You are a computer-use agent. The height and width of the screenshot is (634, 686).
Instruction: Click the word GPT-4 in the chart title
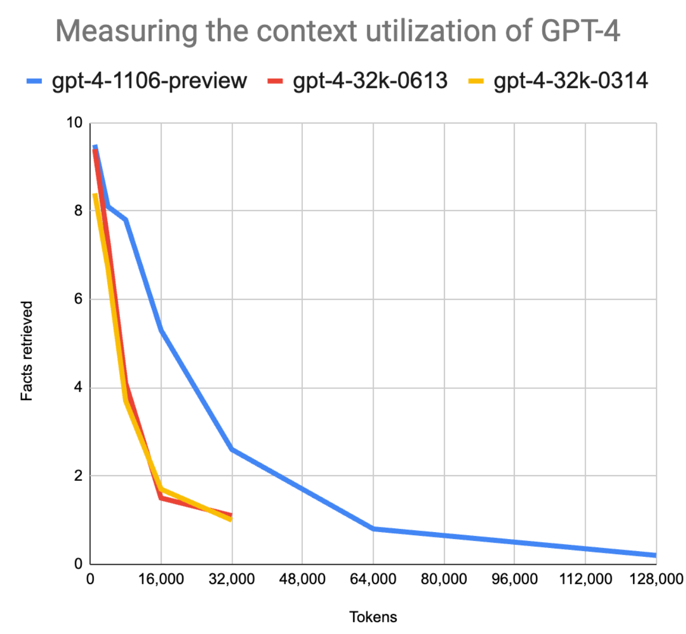[580, 31]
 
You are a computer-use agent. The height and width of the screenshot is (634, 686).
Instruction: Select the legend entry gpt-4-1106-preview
[149, 81]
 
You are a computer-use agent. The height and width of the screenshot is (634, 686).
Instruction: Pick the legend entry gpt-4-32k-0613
[370, 81]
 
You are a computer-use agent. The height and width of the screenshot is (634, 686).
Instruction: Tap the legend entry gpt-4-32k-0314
[570, 81]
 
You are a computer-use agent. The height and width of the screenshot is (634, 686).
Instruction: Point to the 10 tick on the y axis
[75, 123]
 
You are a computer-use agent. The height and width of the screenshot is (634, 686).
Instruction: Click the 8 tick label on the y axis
[78, 211]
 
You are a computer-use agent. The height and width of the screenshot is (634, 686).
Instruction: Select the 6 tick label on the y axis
[78, 299]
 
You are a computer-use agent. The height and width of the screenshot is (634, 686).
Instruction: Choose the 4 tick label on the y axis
[78, 387]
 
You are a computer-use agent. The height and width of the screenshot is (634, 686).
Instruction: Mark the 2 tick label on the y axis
[78, 476]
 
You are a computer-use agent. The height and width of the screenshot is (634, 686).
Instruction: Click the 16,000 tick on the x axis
[161, 579]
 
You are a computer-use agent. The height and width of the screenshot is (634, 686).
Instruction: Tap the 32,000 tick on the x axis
[231, 579]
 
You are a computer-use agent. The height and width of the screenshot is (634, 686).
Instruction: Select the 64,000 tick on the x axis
[373, 579]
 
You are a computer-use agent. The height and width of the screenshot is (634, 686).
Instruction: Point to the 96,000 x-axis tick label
[514, 579]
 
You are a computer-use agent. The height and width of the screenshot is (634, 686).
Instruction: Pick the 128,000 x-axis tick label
[656, 579]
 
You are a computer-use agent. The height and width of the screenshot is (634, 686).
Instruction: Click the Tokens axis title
[373, 617]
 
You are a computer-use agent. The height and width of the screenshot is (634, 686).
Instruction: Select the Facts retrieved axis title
[27, 351]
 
